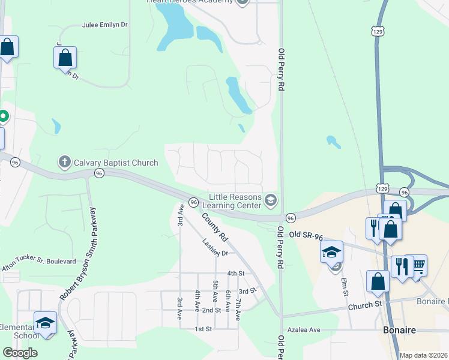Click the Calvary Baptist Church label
116,163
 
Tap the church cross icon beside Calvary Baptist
65,162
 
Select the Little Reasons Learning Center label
235,202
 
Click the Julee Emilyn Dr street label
105,26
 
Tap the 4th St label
235,273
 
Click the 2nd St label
211,310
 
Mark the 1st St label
203,329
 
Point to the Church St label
365,305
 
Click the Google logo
20,353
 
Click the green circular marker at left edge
2,116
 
